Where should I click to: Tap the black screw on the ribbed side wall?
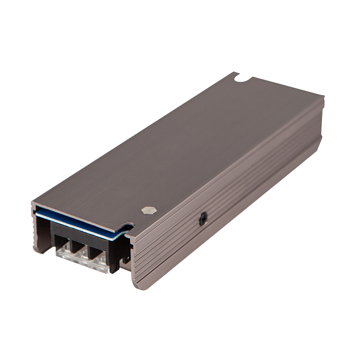click(203, 220)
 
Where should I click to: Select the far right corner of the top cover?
click(323, 97)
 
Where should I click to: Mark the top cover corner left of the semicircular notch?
click(231, 74)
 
